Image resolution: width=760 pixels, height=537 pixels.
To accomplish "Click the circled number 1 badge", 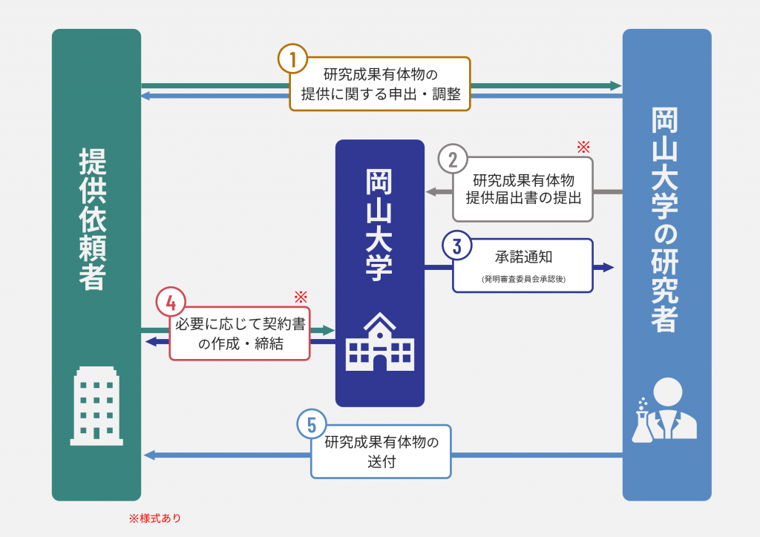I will [x=294, y=59].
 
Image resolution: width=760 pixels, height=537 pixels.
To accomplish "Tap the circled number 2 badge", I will [x=453, y=159].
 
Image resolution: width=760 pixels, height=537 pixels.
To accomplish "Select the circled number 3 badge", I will [x=457, y=246].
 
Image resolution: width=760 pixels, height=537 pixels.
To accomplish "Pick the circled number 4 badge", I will [x=171, y=303].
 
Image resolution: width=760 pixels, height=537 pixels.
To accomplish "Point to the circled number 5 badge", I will [x=312, y=425].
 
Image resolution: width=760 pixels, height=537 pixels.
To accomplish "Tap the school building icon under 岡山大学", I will [x=379, y=340].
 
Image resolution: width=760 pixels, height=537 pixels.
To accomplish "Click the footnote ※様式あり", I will [x=154, y=518].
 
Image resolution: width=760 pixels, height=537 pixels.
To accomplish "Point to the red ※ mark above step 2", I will [x=583, y=146].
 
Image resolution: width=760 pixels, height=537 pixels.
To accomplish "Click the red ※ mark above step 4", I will [x=300, y=297].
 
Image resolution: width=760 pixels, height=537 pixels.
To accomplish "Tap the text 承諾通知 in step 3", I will [x=523, y=257].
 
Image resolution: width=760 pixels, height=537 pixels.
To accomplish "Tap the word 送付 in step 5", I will [x=381, y=462].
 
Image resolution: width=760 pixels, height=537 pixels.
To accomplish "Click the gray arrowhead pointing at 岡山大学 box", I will [x=431, y=192].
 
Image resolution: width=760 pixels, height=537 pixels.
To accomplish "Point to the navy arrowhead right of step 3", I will [x=609, y=267].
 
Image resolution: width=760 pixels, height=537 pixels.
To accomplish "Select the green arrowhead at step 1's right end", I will [x=615, y=86].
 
